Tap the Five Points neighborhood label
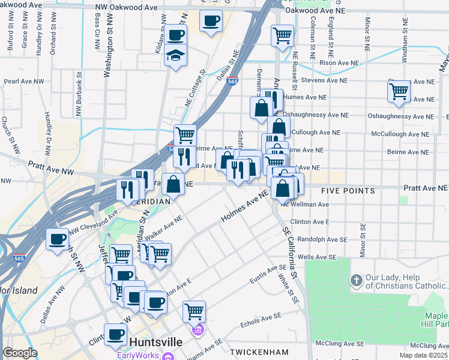click(x=348, y=191)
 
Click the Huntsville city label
click(x=156, y=341)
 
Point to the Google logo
click(x=20, y=353)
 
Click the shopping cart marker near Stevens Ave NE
click(x=399, y=92)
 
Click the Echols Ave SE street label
click(x=261, y=319)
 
